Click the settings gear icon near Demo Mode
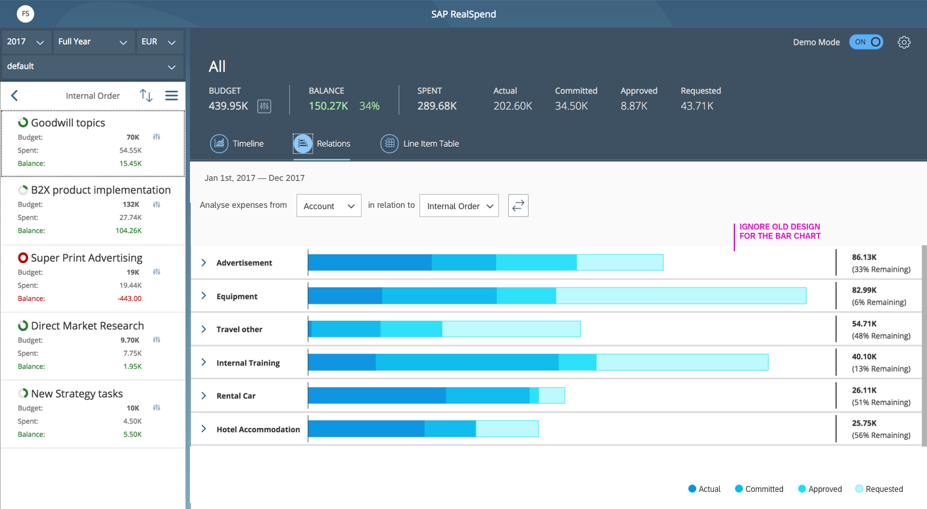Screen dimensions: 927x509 click(904, 42)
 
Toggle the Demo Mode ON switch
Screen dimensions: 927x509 click(866, 42)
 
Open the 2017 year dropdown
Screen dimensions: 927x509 click(26, 42)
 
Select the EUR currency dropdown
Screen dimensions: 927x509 click(159, 42)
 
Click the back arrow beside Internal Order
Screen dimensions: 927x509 click(14, 95)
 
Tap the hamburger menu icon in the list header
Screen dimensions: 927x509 click(172, 95)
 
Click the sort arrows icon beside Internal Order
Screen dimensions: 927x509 click(146, 95)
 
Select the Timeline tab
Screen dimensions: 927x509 click(237, 143)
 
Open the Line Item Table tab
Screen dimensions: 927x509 click(419, 143)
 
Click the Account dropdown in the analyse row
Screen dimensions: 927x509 click(329, 206)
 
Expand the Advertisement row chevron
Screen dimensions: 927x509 click(204, 262)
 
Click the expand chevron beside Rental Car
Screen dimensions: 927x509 click(204, 396)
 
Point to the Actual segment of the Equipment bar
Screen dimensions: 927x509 click(345, 296)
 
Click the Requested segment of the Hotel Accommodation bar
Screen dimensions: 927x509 click(507, 429)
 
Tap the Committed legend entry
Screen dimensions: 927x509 click(759, 489)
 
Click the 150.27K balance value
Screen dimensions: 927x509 click(328, 106)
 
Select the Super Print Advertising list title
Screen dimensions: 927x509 click(87, 258)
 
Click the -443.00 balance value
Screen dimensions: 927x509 click(129, 299)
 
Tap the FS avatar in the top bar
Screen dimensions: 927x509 click(25, 14)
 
